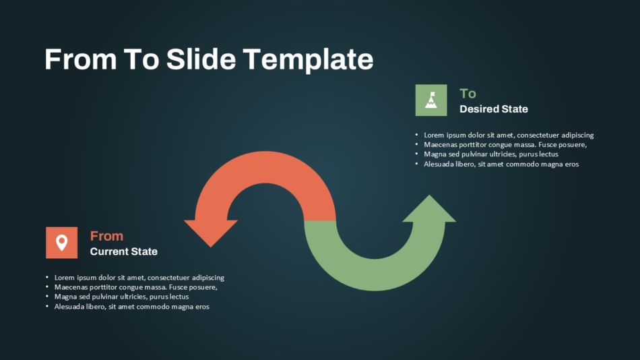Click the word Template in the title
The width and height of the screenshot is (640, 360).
pyautogui.click(x=308, y=60)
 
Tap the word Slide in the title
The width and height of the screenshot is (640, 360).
pyautogui.click(x=201, y=59)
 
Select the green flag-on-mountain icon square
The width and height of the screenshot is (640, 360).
pyautogui.click(x=431, y=100)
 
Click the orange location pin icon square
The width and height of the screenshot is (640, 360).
pyautogui.click(x=61, y=243)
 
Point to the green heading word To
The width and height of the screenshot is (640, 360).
pyautogui.click(x=468, y=94)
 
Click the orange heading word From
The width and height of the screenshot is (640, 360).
pyautogui.click(x=106, y=236)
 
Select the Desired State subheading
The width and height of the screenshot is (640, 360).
pyautogui.click(x=493, y=109)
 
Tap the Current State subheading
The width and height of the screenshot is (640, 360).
pyautogui.click(x=124, y=251)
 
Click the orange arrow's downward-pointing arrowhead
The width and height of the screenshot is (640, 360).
pyautogui.click(x=211, y=233)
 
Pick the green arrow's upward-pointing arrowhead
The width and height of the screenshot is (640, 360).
pyautogui.click(x=429, y=209)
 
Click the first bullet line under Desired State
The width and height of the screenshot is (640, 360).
pyautogui.click(x=509, y=135)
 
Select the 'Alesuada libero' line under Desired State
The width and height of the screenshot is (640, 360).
pyautogui.click(x=501, y=164)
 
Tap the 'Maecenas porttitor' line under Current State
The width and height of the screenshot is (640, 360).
pyautogui.click(x=136, y=287)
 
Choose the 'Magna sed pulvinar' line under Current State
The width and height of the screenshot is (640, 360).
pyautogui.click(x=122, y=297)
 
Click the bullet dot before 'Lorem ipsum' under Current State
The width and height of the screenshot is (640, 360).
pyautogui.click(x=47, y=278)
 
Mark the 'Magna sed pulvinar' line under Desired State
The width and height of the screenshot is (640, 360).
pyautogui.click(x=491, y=154)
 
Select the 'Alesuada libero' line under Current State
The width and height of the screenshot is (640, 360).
pyautogui.click(x=132, y=307)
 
